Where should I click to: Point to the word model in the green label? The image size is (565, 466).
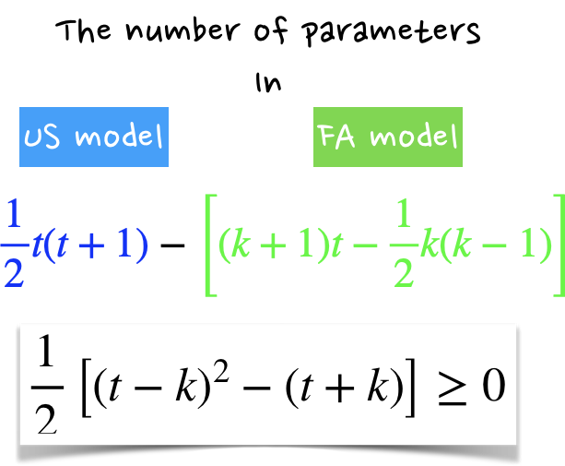tap(413, 137)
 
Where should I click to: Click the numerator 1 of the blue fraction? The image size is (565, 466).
tap(13, 216)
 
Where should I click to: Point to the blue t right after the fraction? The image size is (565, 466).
tap(36, 246)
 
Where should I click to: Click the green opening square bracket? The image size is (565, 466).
tap(209, 245)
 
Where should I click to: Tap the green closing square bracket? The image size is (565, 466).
tap(557, 245)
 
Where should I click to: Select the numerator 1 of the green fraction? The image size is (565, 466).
tap(402, 216)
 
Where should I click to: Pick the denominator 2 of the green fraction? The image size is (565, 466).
tap(402, 271)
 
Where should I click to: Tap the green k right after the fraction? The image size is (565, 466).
tap(430, 246)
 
